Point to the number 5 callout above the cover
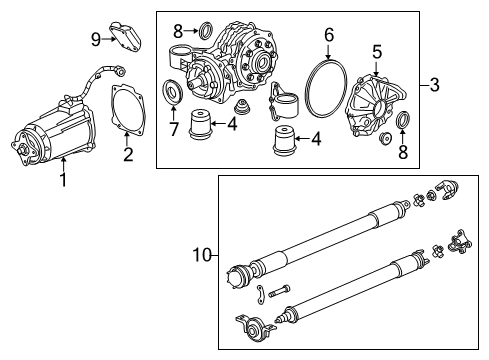(377, 50)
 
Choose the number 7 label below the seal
(174, 129)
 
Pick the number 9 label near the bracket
(96, 39)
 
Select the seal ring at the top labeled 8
(203, 29)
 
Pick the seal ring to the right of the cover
(405, 122)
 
